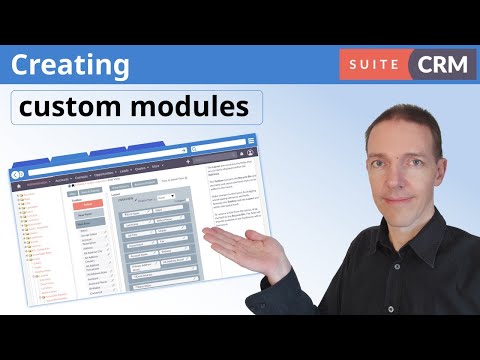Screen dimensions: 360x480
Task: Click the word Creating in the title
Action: click(71, 66)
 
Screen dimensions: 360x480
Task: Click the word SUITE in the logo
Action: click(372, 64)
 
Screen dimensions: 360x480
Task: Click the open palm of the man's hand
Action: click(235, 239)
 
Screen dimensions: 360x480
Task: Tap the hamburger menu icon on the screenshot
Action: click(250, 139)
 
